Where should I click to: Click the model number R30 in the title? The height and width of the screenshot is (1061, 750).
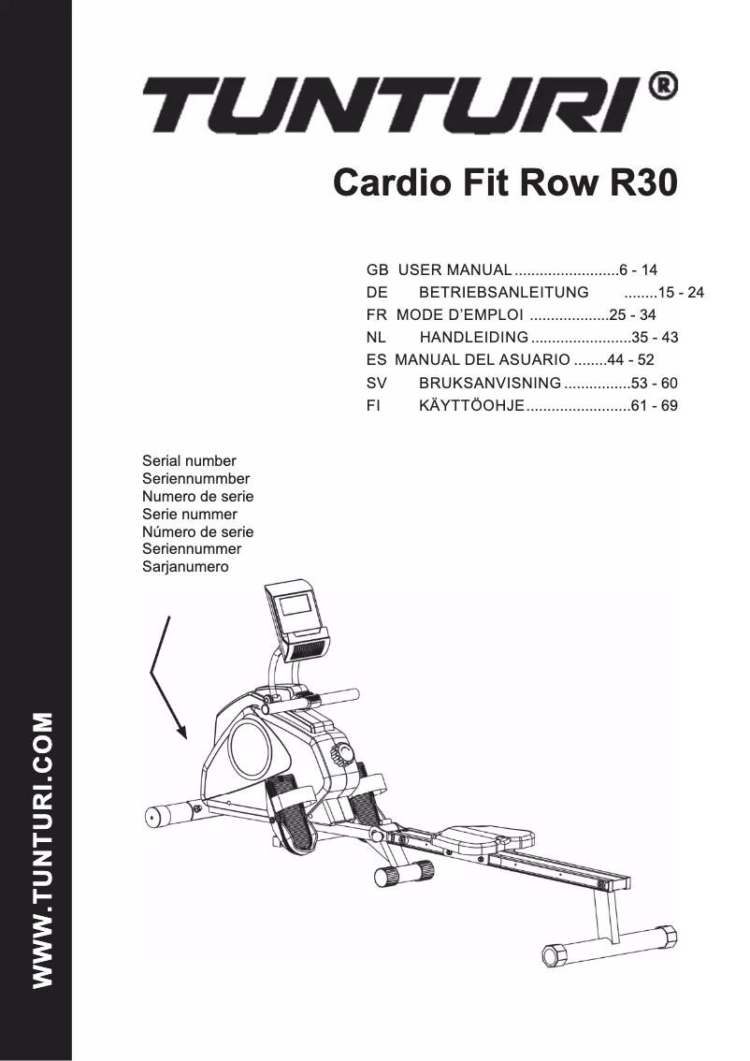point(642,183)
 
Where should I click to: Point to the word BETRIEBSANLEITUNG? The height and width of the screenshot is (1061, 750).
point(503,292)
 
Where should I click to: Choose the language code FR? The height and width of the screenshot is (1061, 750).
point(376,315)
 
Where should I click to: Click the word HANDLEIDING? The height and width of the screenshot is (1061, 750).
point(474,338)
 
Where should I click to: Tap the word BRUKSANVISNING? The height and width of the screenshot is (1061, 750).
point(490,383)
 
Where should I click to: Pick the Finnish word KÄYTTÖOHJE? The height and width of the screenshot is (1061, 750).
point(470,406)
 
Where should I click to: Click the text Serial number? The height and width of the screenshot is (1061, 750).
point(189,461)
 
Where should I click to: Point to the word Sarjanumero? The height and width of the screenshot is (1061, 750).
point(185,567)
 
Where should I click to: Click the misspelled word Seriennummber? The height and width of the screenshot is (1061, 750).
point(195,479)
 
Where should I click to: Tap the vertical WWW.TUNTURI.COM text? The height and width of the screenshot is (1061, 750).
point(42,849)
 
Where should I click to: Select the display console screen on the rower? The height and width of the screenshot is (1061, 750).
point(297,606)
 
